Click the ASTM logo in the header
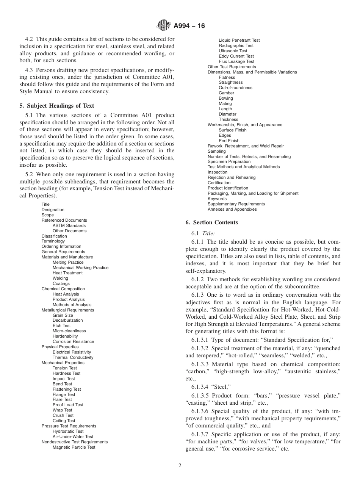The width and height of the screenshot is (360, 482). coord(164,26)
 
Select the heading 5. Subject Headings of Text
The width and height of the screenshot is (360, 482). coord(56,106)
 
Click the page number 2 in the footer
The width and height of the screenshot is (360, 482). coord(180,466)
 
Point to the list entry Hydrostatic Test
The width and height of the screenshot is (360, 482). coord(68,431)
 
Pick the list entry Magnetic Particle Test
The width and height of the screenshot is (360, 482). coord(74,447)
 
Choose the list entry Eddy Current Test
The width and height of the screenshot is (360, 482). coord(236,56)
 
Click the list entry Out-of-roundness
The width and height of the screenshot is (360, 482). coord(235,88)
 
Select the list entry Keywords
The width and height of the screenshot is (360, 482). coord(217,199)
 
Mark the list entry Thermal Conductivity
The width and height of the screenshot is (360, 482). coord(73,357)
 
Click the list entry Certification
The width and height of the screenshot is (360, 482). coord(219,183)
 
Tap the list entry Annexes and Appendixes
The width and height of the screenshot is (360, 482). coord(232,209)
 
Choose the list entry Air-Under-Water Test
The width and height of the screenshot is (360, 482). coord(73,437)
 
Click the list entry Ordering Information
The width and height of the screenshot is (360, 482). coord(61,246)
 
